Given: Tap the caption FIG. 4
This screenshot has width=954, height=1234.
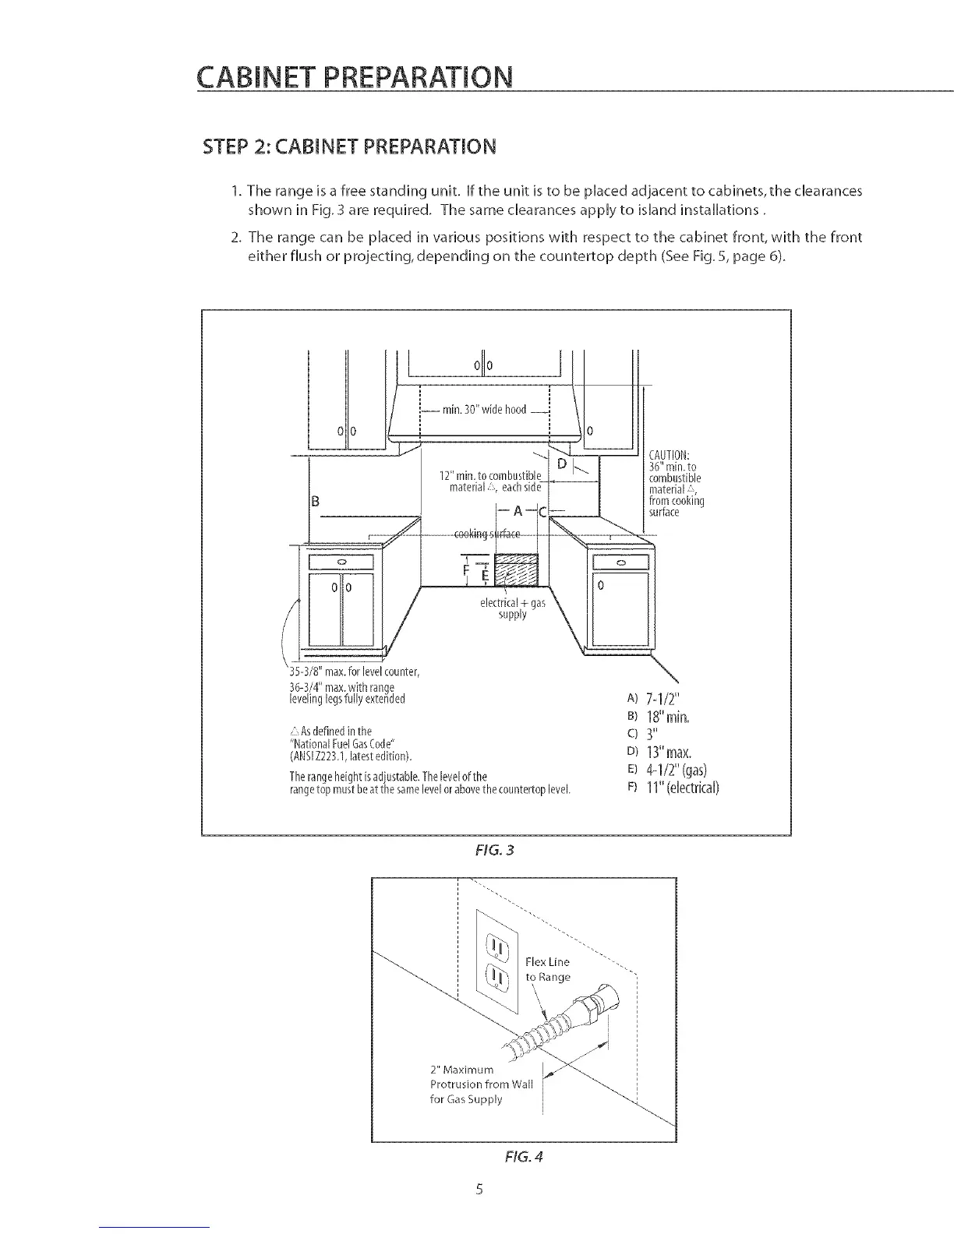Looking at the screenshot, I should click(x=525, y=1157).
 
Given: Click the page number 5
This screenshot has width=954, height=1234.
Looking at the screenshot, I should click(x=479, y=1189).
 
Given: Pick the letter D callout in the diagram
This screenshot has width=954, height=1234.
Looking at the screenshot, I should click(x=561, y=466).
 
